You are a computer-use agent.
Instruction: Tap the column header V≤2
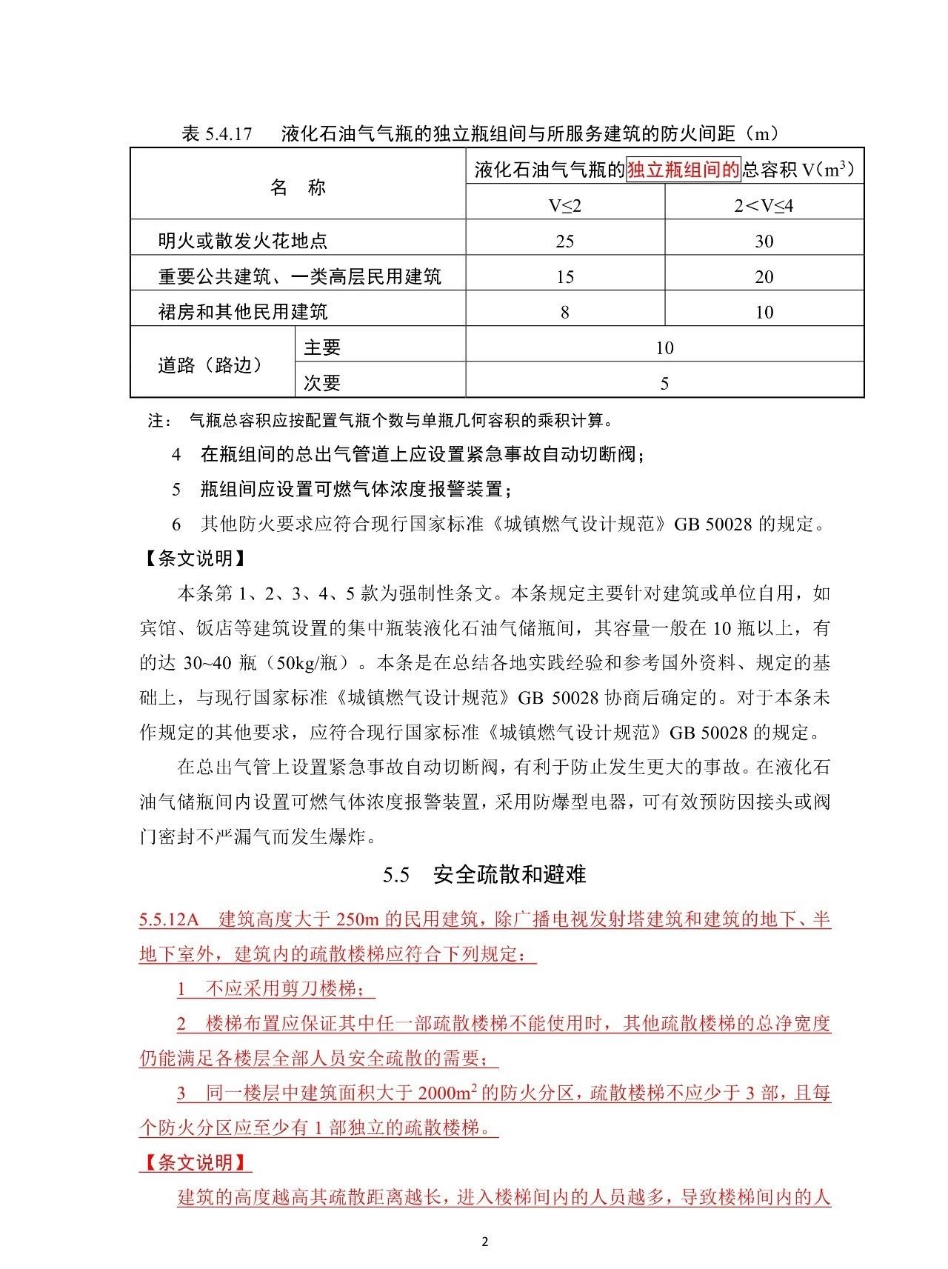pos(565,205)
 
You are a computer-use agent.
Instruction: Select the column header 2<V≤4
pos(764,205)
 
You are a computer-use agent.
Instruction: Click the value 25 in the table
pos(564,242)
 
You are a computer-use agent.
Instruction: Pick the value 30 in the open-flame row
pos(764,242)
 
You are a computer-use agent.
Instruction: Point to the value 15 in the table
pos(564,277)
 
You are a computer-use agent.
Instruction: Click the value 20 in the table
pos(764,277)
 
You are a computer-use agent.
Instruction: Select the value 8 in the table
pos(564,313)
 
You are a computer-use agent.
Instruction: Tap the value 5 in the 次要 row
pos(664,384)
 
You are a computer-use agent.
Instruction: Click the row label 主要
pos(322,347)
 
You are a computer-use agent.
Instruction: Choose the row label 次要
pos(322,383)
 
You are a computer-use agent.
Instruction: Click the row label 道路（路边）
pos(210,365)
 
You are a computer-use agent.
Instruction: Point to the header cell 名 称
pos(298,187)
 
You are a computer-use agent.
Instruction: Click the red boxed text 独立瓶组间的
pos(683,170)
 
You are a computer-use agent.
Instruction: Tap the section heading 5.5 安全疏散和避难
pos(484,875)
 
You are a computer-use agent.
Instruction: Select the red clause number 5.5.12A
pos(170,920)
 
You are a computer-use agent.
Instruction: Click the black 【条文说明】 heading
pos(194,559)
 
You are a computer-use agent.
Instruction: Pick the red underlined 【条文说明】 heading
pos(195,1162)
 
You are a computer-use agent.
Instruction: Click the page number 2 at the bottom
pos(485,1242)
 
